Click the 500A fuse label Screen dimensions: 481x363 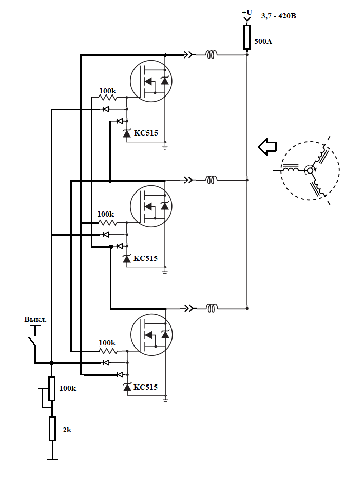pos(263,41)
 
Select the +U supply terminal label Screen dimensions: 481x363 pos(246,12)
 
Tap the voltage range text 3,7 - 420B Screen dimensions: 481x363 pos(278,16)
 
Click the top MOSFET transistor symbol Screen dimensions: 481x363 pos(150,80)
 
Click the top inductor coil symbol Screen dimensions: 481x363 pos(211,53)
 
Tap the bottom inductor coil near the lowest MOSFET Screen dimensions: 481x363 pos(211,308)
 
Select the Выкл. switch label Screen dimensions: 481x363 pos(35,319)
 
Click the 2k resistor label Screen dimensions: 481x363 pos(67,430)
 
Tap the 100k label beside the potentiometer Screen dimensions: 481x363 pos(67,389)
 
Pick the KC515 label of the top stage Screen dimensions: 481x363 pos(146,133)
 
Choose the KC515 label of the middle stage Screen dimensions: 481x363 pos(146,258)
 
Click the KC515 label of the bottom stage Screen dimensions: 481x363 pos(146,387)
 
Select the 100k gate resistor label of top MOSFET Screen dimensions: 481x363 pos(107,91)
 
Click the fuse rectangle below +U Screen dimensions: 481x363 pos(247,37)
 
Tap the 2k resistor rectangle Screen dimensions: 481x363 pos(52,429)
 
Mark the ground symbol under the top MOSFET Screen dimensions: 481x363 pos(165,147)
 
